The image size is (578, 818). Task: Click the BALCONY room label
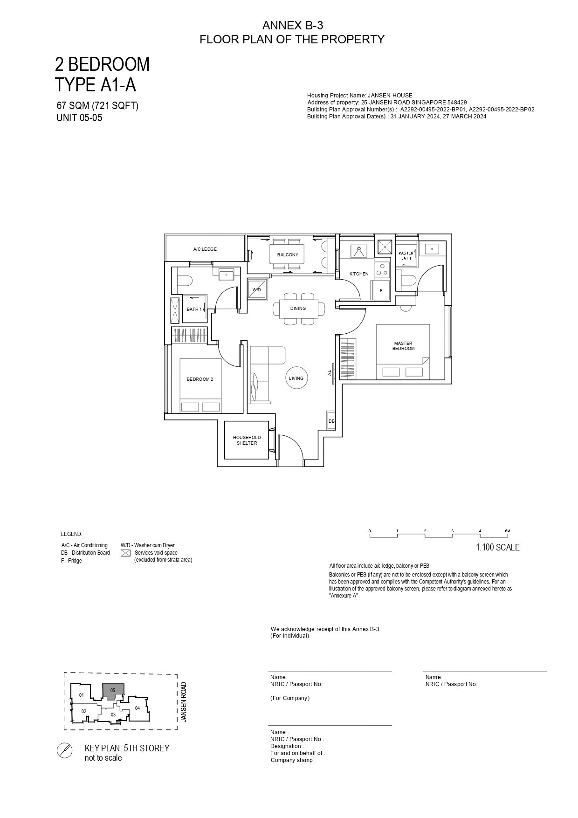click(288, 254)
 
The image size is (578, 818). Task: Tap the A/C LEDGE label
click(205, 249)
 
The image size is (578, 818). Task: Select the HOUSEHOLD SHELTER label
click(247, 440)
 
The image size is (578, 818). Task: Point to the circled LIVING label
click(296, 378)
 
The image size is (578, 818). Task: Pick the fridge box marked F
click(380, 290)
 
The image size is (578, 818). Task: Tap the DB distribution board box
click(331, 421)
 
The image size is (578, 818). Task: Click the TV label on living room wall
click(329, 373)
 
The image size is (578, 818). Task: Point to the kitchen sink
click(359, 251)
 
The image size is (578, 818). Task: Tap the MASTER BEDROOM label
click(403, 346)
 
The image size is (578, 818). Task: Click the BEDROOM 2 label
click(200, 379)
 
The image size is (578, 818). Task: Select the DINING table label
click(298, 308)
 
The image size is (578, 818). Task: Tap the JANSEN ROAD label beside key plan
click(184, 702)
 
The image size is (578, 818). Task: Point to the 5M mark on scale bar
click(507, 531)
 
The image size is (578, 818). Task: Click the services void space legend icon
click(125, 553)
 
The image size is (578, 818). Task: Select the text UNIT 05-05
click(79, 117)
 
